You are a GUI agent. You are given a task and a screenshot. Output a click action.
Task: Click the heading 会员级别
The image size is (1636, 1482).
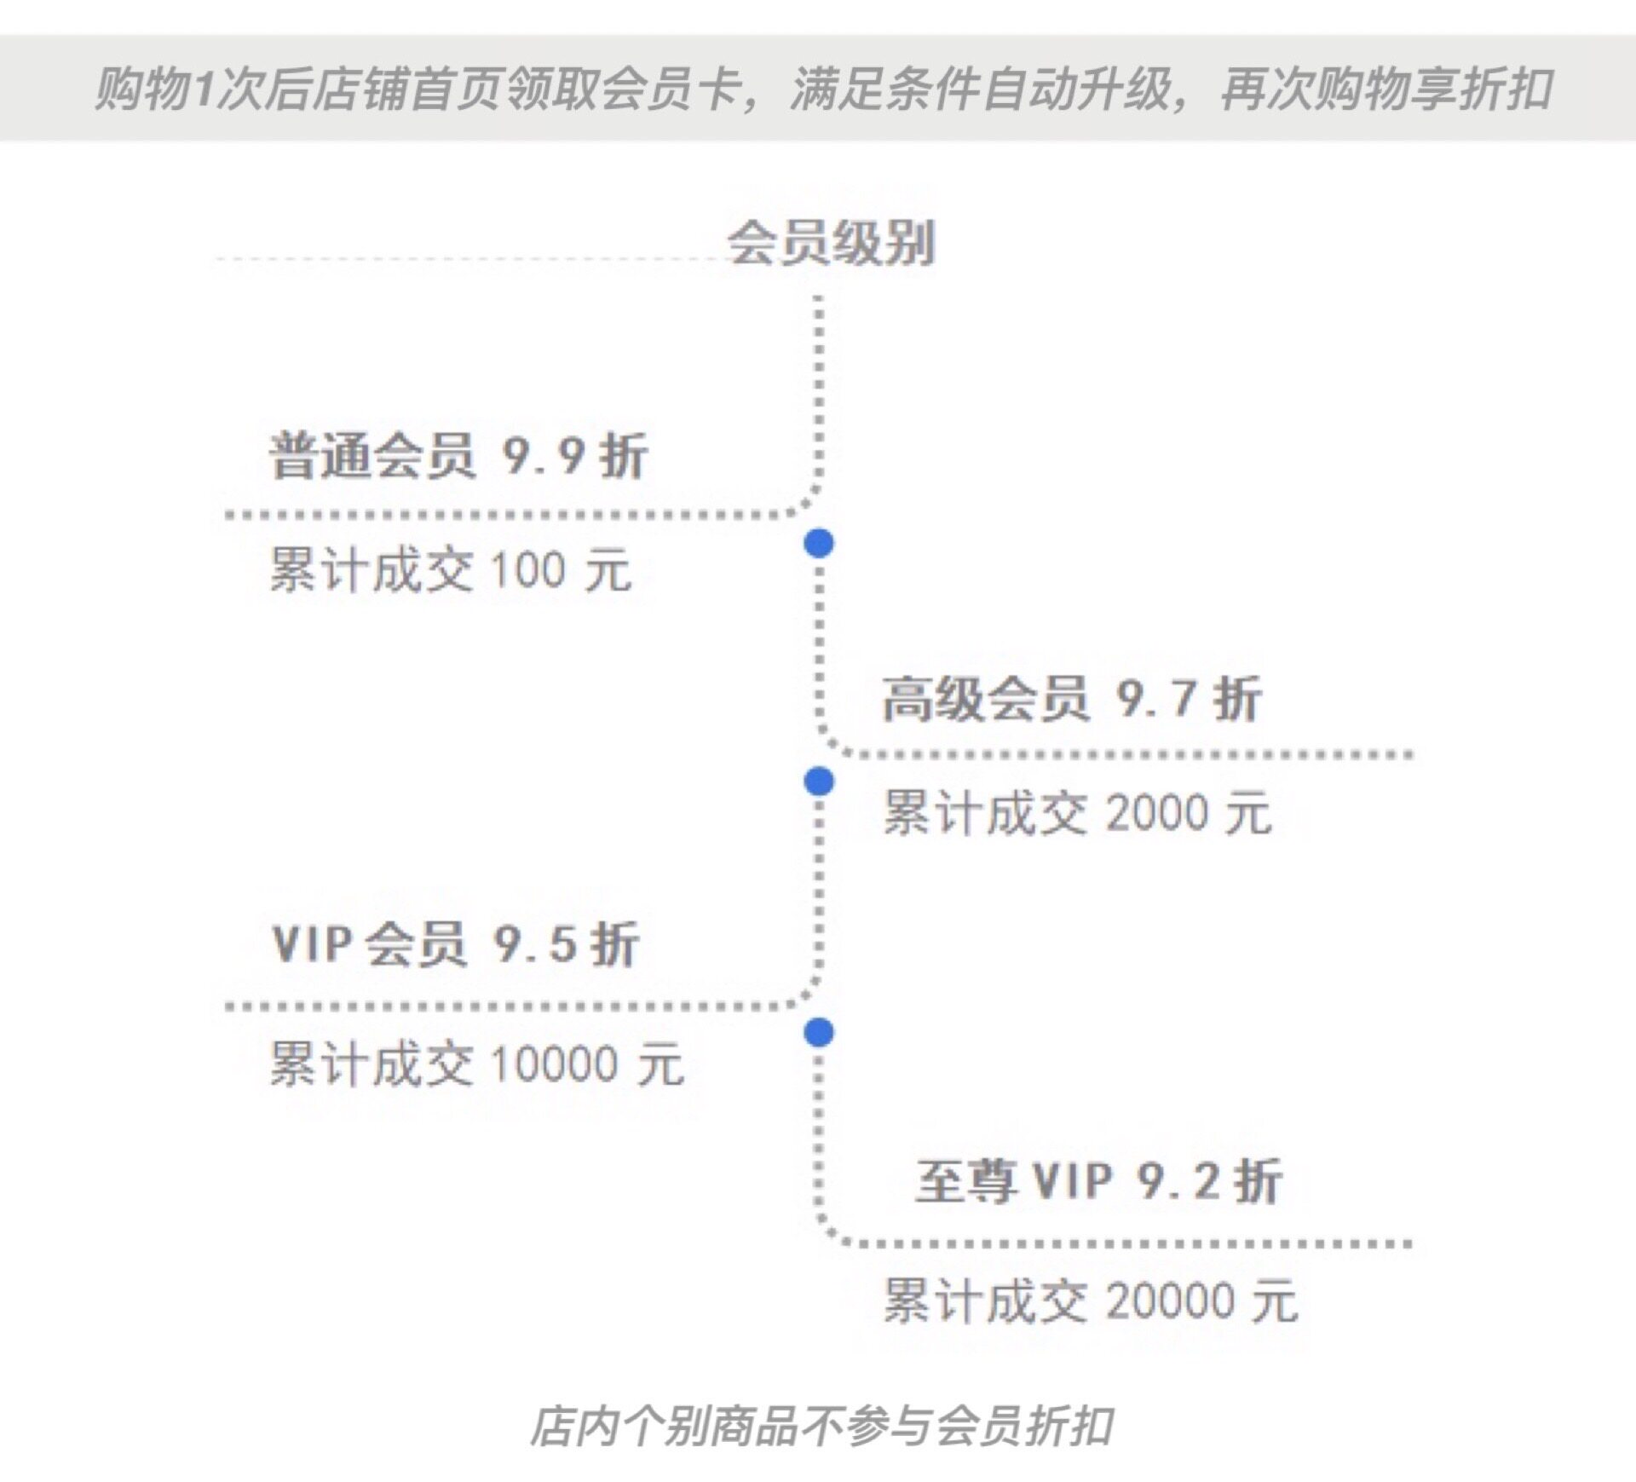click(x=831, y=244)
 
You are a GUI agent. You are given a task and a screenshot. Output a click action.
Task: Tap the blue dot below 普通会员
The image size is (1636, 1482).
click(x=819, y=543)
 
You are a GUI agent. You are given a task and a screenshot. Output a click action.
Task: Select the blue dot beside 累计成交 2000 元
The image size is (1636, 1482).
click(x=819, y=780)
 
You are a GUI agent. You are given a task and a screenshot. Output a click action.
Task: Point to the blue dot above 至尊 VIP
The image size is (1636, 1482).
click(x=819, y=1032)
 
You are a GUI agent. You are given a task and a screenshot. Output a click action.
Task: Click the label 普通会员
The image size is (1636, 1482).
click(x=372, y=456)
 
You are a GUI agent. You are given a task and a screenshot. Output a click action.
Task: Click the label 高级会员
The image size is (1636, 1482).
click(x=985, y=699)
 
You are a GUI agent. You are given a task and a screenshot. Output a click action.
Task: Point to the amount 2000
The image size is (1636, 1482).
click(x=1157, y=812)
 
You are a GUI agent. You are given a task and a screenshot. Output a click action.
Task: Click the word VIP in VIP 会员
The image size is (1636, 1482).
click(x=312, y=944)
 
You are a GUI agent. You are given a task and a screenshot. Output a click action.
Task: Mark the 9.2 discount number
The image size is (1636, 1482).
click(x=1179, y=1180)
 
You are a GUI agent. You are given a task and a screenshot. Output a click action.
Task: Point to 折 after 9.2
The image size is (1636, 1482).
click(x=1259, y=1180)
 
